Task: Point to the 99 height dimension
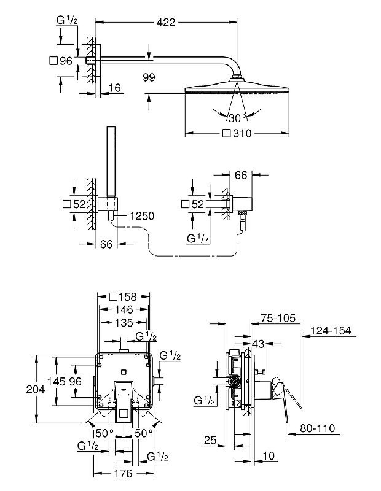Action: (147, 78)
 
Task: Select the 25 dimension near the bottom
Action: (211, 440)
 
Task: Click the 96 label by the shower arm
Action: (66, 61)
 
